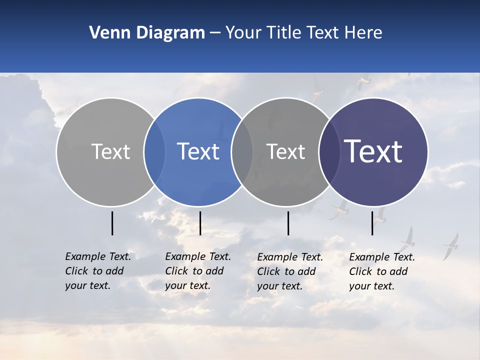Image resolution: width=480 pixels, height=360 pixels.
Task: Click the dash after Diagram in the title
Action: [214, 33]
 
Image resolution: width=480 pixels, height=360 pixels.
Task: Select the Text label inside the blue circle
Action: [198, 151]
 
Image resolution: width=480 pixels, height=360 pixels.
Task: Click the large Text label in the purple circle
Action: [373, 151]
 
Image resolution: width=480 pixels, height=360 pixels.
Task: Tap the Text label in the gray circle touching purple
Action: [285, 151]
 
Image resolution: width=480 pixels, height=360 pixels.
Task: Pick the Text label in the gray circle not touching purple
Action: [110, 151]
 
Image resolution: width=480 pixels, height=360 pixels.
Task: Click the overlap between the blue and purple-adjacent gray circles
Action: [242, 151]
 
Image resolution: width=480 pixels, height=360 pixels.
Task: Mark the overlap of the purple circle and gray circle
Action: [329, 151]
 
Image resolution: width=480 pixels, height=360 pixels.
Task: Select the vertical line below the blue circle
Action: [200, 223]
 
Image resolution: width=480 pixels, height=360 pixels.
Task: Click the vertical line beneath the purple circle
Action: [372, 223]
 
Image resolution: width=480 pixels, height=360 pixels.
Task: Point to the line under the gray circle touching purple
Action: [288, 223]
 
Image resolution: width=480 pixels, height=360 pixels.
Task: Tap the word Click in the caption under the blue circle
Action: [176, 271]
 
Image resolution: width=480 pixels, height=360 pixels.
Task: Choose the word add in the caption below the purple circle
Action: [399, 271]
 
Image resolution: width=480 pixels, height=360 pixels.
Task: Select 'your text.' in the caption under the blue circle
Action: [187, 285]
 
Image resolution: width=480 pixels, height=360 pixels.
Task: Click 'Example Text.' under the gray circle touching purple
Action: [290, 257]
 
